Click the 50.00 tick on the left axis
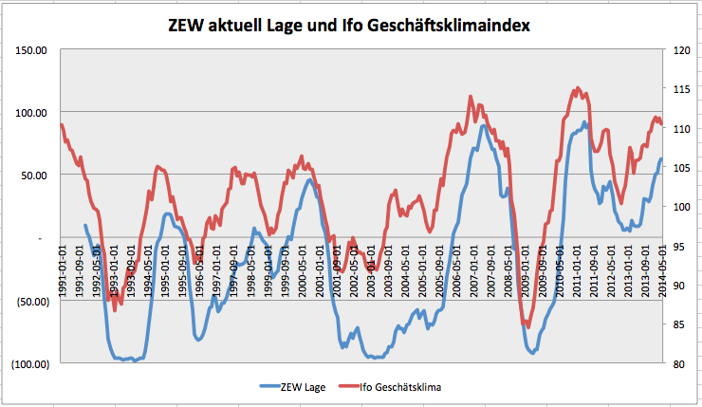pos(36,175)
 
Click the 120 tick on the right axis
pos(681,49)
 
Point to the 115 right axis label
pos(681,88)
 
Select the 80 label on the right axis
pos(679,363)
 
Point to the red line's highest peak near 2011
pos(578,88)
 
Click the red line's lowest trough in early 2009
pos(526,327)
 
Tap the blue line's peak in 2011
pos(584,122)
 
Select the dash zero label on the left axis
pos(41,238)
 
